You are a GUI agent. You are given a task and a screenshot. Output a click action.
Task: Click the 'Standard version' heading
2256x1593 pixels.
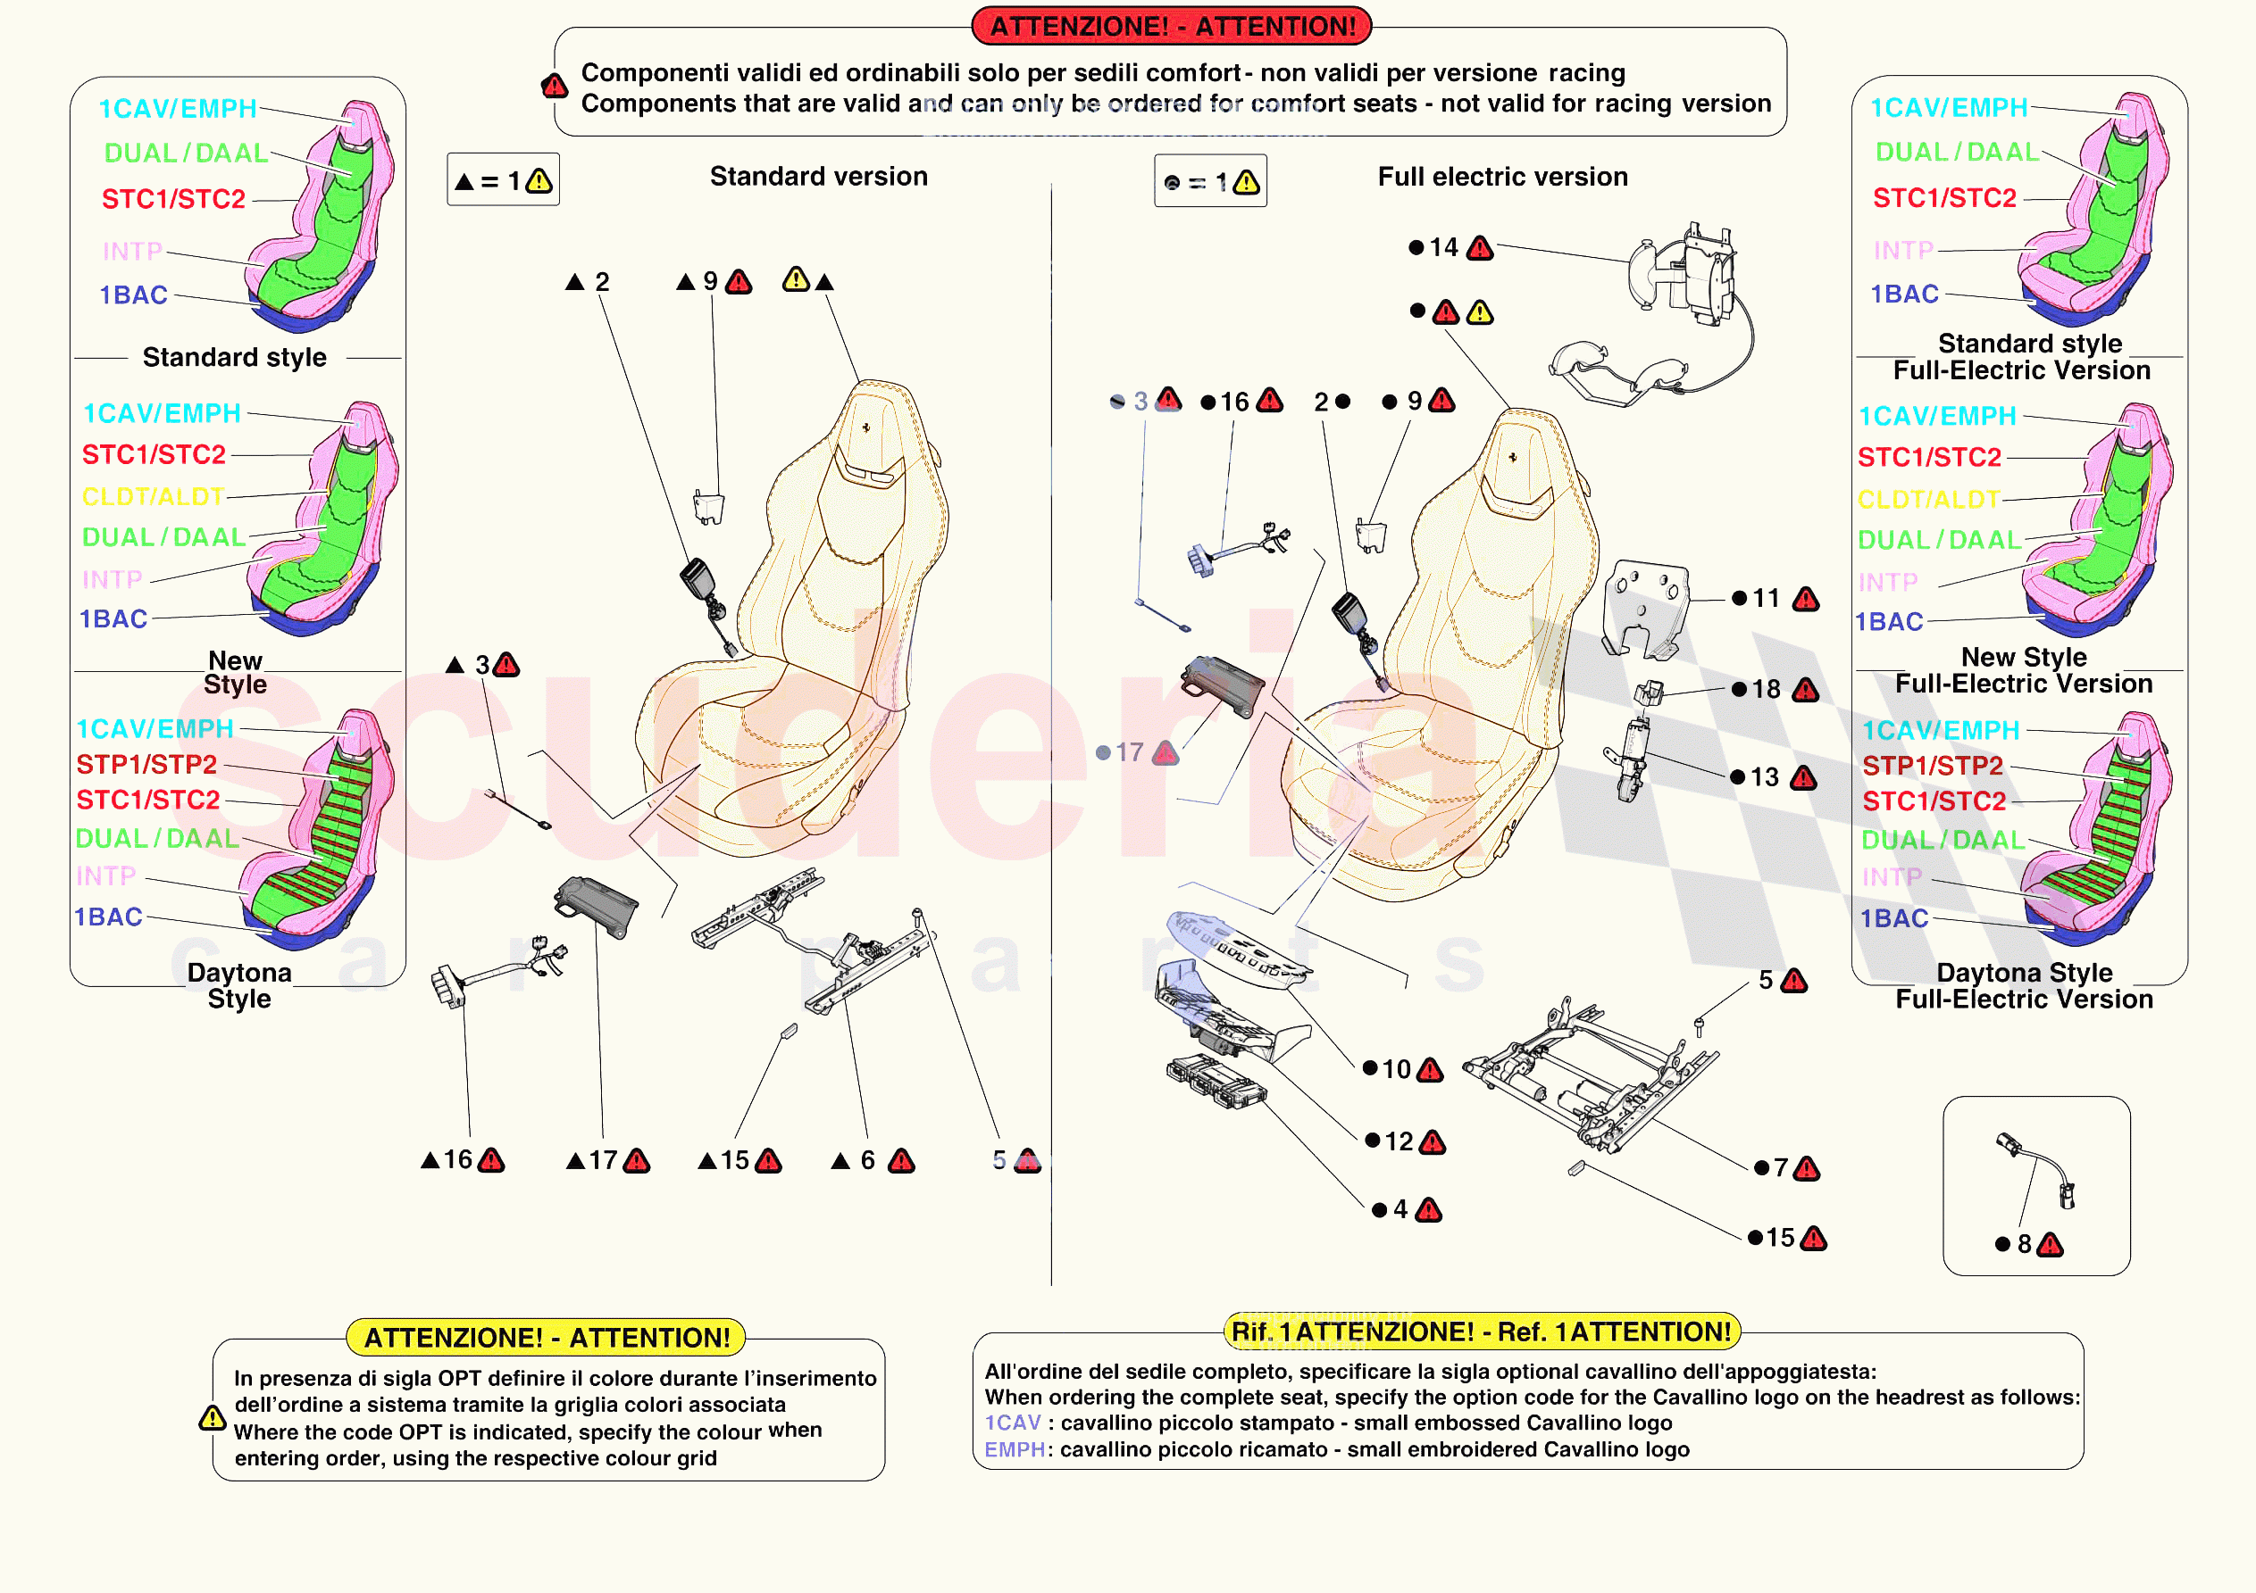(x=818, y=177)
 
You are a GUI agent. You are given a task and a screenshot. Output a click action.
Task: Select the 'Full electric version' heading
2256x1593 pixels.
(x=1502, y=177)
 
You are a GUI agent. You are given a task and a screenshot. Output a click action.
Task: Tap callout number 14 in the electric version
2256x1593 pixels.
(x=1443, y=247)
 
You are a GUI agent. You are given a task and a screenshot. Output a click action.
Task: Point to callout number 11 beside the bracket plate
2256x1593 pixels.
(x=1766, y=598)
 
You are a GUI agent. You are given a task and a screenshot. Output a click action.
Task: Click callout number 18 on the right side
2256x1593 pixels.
(x=1766, y=690)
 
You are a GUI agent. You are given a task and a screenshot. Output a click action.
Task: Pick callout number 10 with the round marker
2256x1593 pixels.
(x=1396, y=1069)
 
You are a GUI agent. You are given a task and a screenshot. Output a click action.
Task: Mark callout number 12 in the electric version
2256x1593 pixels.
(x=1399, y=1141)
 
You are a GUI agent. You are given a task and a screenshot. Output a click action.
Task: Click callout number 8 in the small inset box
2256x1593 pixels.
(x=2024, y=1244)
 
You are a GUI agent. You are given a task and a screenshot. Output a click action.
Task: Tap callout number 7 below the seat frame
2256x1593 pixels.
(x=1781, y=1167)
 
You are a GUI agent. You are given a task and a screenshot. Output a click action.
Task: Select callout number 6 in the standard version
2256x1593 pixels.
(x=867, y=1161)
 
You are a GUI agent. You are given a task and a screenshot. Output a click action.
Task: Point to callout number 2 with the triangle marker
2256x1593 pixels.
(x=602, y=283)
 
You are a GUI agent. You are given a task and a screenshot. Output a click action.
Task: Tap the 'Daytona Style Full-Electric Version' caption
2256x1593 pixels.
(x=2023, y=986)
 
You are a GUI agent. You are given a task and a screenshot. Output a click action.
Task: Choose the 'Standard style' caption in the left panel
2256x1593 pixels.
(x=234, y=358)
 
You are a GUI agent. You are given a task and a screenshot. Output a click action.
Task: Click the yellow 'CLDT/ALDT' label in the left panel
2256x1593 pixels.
(x=153, y=497)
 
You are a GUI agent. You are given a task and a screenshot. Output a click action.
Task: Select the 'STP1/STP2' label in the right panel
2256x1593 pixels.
(x=1932, y=765)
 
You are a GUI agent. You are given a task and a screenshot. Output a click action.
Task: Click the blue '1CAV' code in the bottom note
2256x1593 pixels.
(x=1012, y=1423)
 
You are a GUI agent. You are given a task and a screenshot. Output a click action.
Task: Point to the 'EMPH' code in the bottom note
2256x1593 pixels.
(x=1014, y=1449)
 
